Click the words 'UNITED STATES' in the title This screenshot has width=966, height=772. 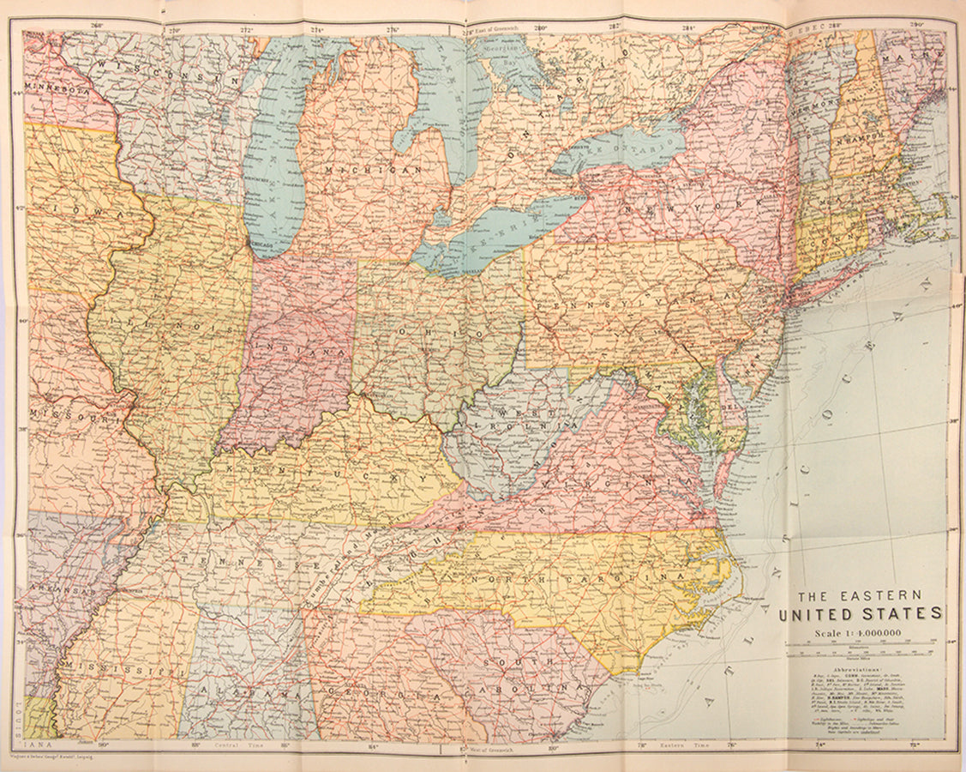click(860, 614)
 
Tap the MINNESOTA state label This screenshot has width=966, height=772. click(57, 87)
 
